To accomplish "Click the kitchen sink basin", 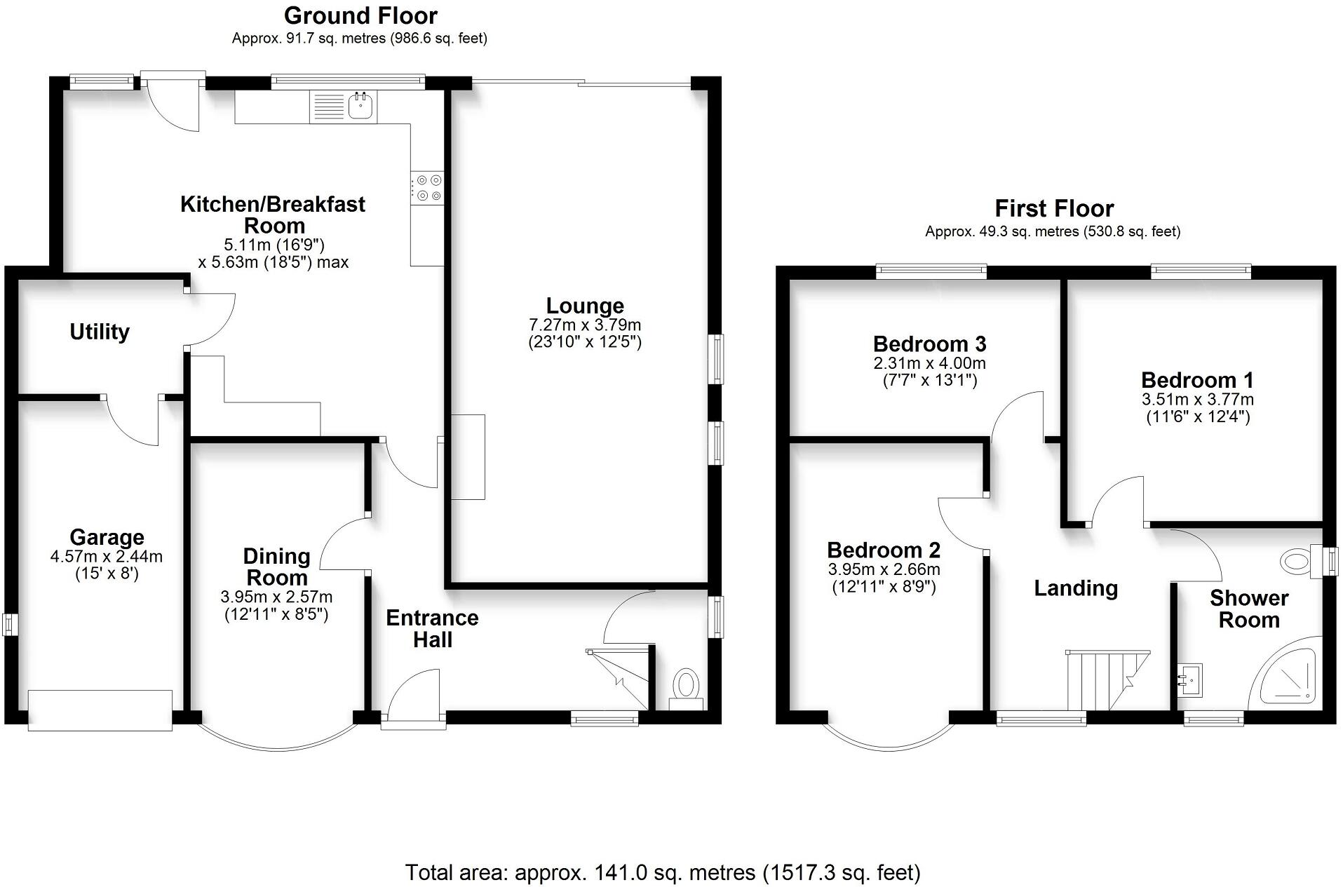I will [362, 106].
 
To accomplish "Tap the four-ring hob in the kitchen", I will [428, 188].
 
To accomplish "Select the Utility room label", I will [100, 332].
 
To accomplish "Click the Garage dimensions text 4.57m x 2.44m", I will [107, 557].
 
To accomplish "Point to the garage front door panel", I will [100, 710].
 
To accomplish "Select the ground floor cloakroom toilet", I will [686, 687].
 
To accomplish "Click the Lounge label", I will [585, 306].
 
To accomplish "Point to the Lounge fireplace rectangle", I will [468, 456].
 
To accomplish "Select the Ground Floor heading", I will [360, 15].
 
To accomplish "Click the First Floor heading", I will [1053, 208].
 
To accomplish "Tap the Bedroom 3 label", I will [929, 344].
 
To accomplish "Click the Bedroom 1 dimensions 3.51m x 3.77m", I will [1197, 400].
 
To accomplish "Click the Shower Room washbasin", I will [1189, 679].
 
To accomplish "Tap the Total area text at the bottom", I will [663, 872].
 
